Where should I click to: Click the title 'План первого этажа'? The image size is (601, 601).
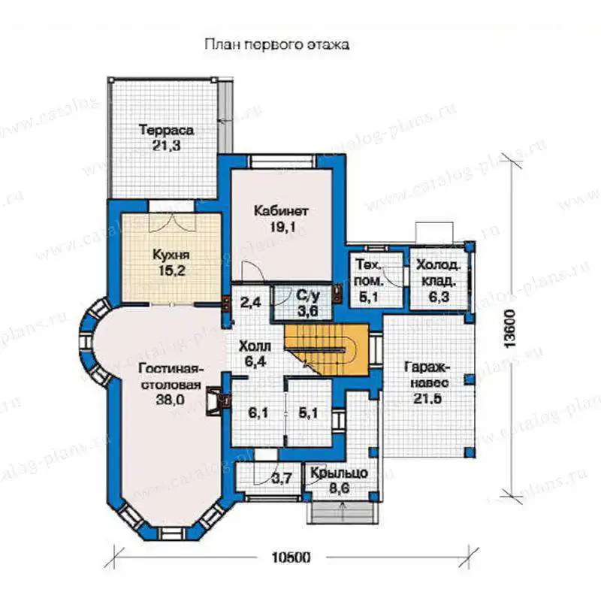point(276,44)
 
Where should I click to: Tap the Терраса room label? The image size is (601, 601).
point(166,130)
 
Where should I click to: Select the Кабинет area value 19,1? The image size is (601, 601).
point(283,228)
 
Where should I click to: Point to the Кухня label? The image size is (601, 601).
point(171,255)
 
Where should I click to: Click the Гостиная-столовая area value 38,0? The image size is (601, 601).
point(171,400)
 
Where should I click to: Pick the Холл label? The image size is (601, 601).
point(255,346)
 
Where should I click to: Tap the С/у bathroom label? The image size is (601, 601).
point(308,295)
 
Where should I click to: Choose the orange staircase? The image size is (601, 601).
point(327,349)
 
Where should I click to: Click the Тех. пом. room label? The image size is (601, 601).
point(369,273)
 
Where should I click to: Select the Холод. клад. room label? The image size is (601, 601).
point(439,273)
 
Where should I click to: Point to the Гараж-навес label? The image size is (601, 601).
point(427,374)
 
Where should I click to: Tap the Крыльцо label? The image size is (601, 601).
point(339,473)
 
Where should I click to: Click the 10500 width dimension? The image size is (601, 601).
point(291,557)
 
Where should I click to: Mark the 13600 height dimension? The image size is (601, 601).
point(510,328)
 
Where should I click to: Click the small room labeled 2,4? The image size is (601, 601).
point(251,303)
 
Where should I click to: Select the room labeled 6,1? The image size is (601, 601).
point(258,412)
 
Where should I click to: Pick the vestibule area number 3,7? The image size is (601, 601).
point(282,478)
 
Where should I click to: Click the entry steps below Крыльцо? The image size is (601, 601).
point(340,512)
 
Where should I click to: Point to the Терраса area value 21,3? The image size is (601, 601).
point(166,146)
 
